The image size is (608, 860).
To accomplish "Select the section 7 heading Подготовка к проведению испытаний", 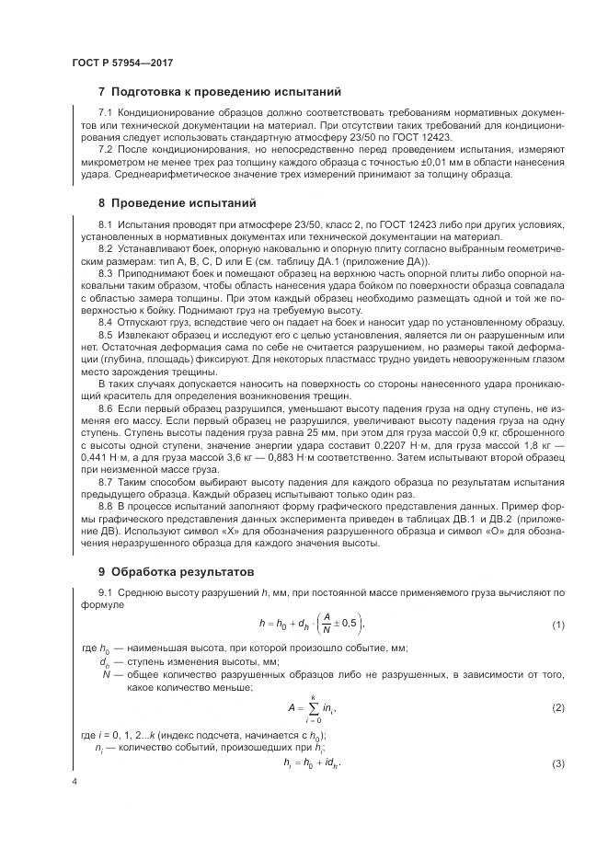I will [x=220, y=92].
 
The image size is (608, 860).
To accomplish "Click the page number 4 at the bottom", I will [x=74, y=781].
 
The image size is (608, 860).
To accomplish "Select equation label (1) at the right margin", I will [x=557, y=625].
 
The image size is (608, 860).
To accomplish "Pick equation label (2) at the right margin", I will [x=557, y=707].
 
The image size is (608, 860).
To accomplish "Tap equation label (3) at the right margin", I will [x=557, y=765].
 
